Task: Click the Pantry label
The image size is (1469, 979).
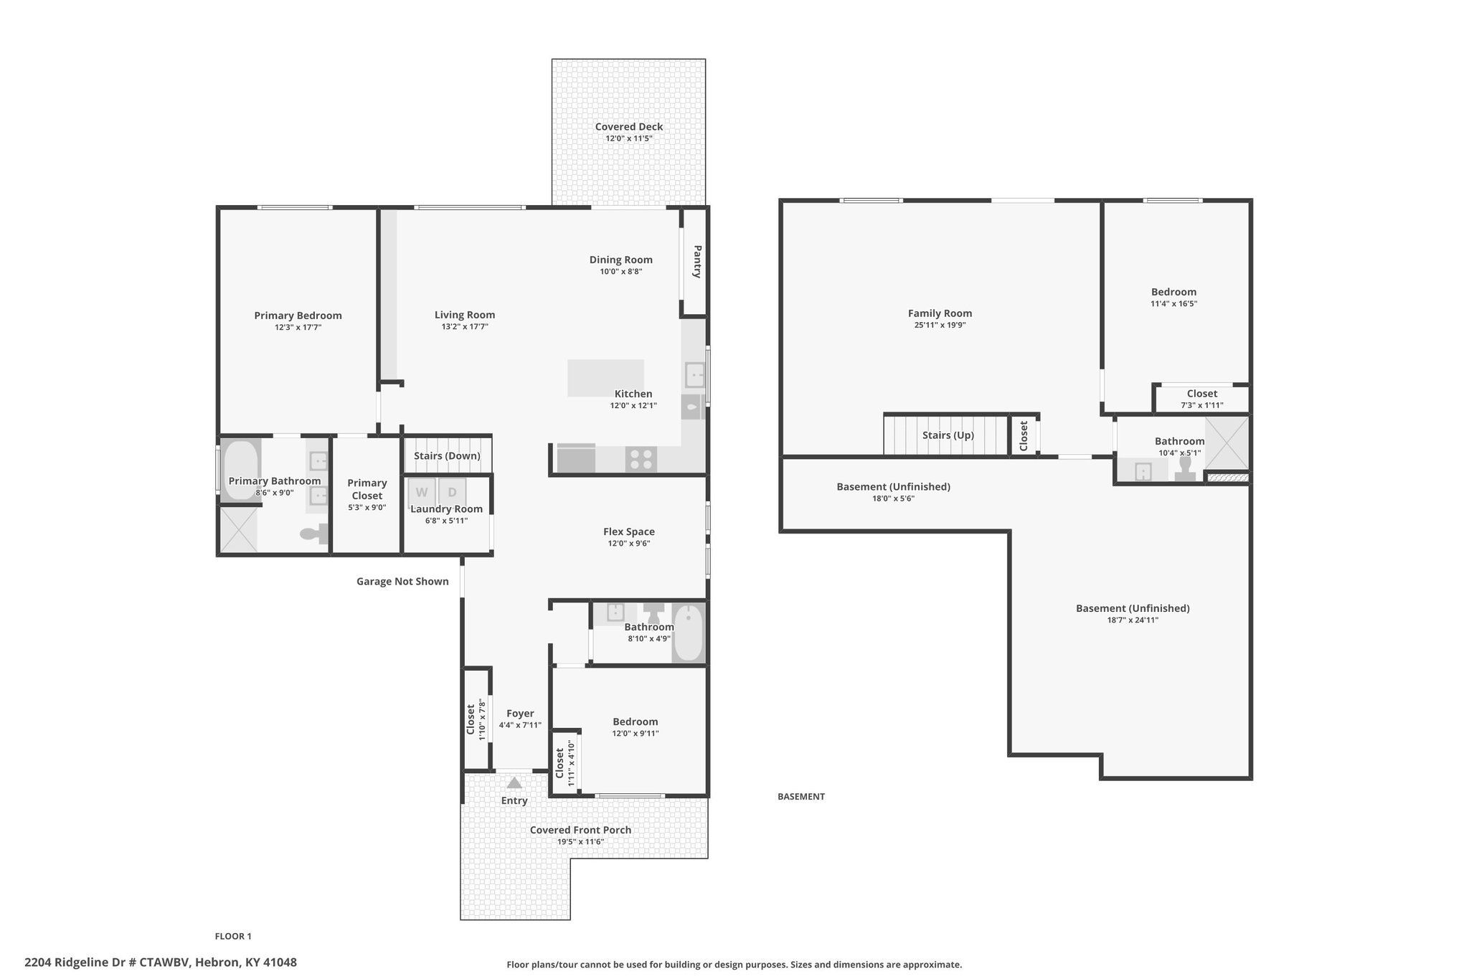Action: tap(697, 262)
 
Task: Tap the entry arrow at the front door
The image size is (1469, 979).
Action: tap(514, 782)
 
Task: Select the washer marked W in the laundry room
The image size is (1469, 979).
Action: tap(422, 492)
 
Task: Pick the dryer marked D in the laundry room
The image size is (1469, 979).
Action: tap(452, 492)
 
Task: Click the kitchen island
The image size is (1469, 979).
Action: tap(605, 378)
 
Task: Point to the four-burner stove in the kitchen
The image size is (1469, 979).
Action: tap(641, 459)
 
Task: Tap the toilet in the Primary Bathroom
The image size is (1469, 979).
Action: tap(314, 533)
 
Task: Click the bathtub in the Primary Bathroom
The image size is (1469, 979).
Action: tap(240, 470)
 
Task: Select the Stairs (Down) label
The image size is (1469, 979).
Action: tap(447, 456)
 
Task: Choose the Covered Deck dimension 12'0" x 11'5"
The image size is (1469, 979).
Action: tap(629, 138)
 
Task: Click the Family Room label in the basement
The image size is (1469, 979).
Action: tap(940, 313)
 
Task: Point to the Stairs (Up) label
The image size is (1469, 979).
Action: tap(948, 435)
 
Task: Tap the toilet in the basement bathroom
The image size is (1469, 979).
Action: tap(1185, 468)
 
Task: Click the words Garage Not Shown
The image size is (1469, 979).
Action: tap(402, 582)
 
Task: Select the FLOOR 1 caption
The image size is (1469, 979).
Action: tap(233, 936)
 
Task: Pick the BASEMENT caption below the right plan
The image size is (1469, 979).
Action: tap(801, 796)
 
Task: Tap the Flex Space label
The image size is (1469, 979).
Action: tap(629, 531)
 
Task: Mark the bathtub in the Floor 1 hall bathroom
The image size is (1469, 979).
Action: tap(689, 633)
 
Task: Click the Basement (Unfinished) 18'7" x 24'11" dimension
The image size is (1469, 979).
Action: tap(1133, 620)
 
